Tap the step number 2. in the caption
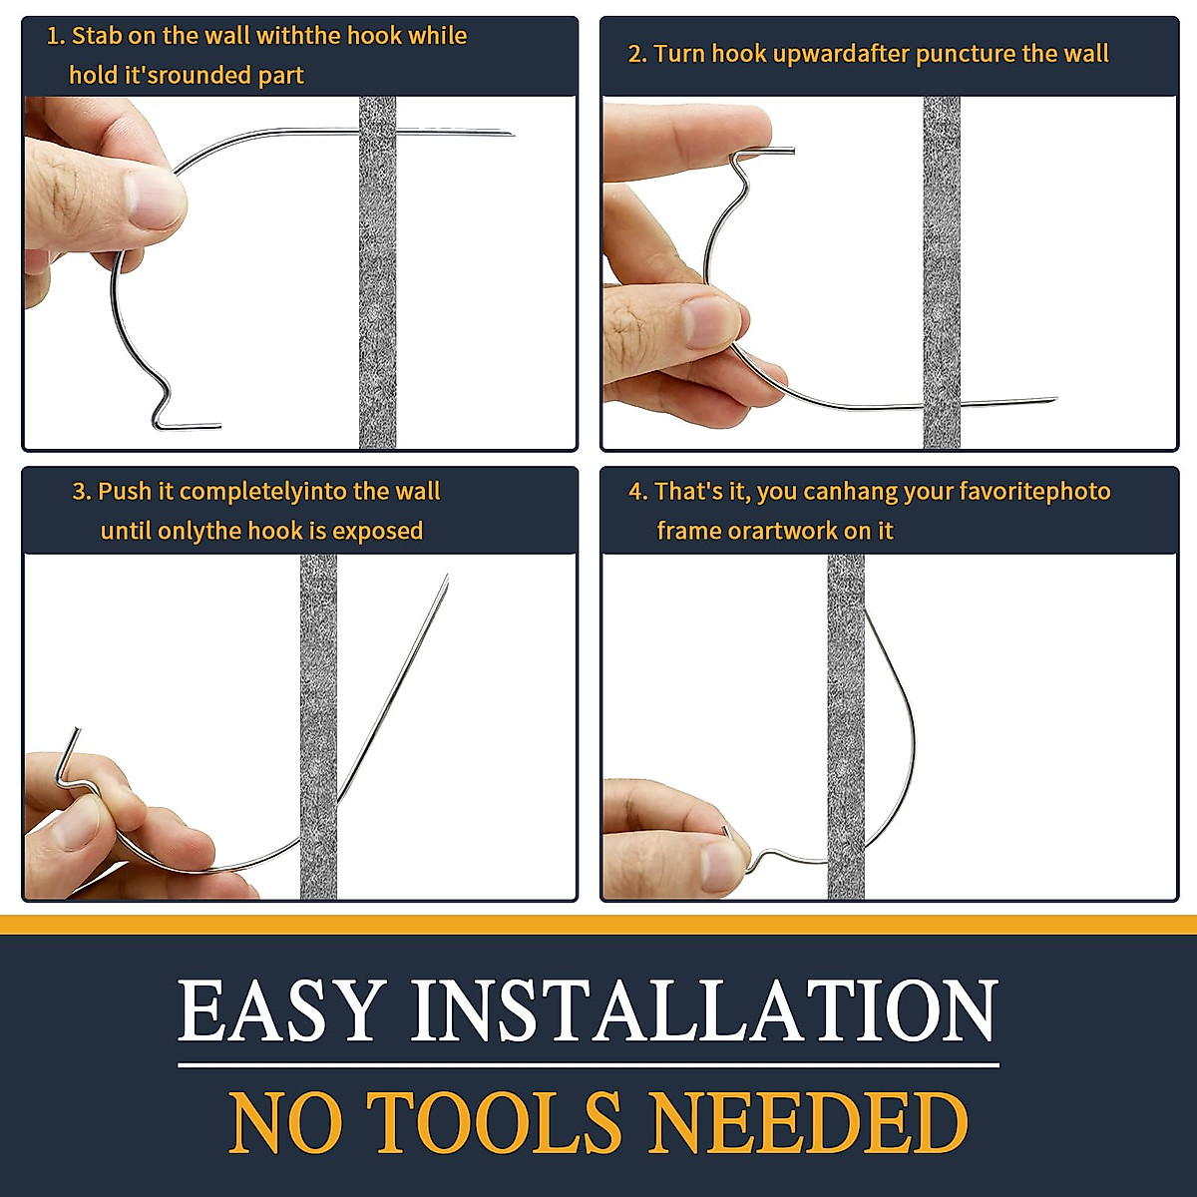click(637, 54)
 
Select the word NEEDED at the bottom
click(808, 1122)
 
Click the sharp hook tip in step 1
click(511, 134)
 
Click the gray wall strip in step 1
click(377, 299)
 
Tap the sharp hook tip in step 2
click(1053, 400)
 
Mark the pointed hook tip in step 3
click(446, 578)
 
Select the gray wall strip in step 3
click(318, 698)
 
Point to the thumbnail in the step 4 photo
click(720, 863)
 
